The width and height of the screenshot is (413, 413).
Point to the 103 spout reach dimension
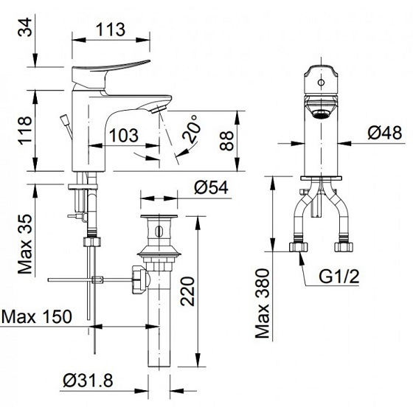tap(123, 135)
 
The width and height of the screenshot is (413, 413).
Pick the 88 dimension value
tap(231, 140)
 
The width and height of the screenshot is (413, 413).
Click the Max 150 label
tap(37, 317)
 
